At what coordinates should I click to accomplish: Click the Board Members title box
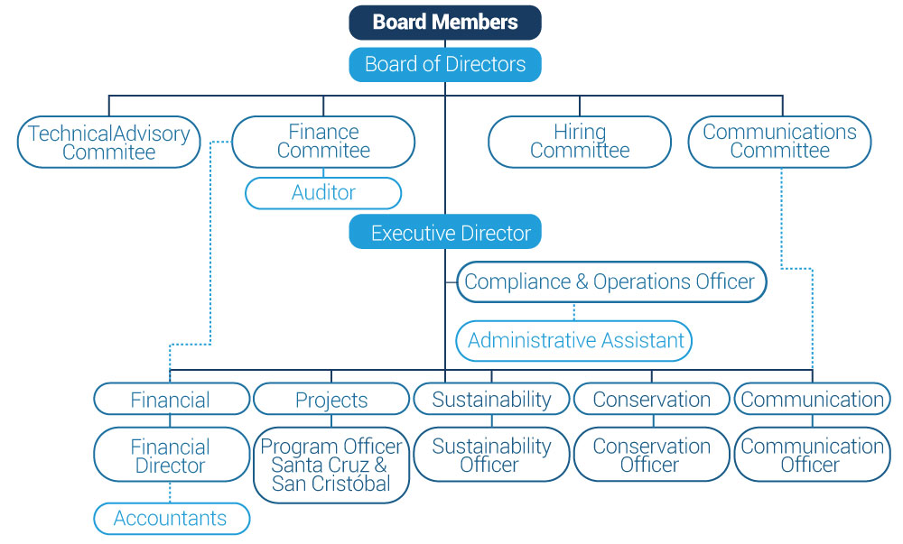pos(445,23)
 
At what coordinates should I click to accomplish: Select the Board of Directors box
pos(445,64)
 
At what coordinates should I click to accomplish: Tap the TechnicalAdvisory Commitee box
pos(108,142)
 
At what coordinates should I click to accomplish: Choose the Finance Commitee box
pos(323,142)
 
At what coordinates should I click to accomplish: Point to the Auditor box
pos(323,193)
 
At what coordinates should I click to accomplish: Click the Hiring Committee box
pos(580,142)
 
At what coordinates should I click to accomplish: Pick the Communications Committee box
pos(779,142)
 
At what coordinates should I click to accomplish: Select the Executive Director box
pos(445,233)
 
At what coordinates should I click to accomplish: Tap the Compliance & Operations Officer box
pos(610,281)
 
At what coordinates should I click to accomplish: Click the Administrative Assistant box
pos(574,341)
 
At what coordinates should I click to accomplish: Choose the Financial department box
pos(171,400)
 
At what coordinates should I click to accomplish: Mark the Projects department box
pos(331,400)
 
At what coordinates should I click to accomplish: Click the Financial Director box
pos(171,456)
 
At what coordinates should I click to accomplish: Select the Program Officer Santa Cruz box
pos(331,464)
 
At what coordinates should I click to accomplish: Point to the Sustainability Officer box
pos(491,456)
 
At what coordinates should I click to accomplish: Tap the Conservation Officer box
pos(651,456)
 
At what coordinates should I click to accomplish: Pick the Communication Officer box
pos(811,456)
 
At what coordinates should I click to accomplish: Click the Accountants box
pos(171,519)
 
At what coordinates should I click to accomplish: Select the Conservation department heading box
pos(651,400)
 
